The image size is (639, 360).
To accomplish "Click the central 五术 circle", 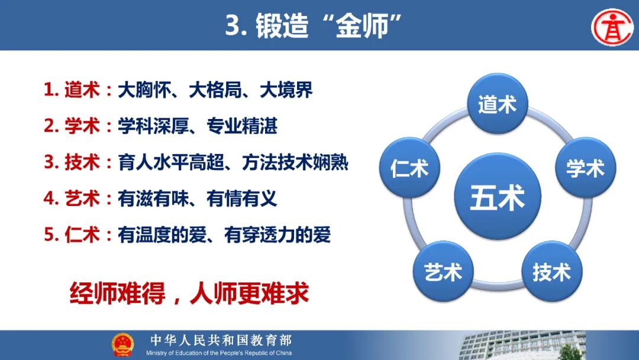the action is [498, 197].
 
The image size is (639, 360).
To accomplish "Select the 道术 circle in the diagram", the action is [498, 104].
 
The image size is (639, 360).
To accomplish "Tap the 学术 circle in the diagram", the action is [586, 168].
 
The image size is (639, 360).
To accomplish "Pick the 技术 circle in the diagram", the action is [552, 272].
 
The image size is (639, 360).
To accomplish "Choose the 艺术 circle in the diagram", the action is [443, 272].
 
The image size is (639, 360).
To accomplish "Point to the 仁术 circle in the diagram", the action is [409, 168].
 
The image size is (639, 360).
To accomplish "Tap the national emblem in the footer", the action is [122, 345].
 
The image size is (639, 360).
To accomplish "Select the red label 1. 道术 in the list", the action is [72, 90].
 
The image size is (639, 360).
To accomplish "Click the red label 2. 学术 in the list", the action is [72, 126].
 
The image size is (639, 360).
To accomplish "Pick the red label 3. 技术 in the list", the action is [72, 162].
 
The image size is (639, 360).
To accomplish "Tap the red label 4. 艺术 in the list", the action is [72, 198].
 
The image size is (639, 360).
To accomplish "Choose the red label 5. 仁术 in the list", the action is [72, 235].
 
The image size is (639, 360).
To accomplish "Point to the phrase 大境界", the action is [286, 90].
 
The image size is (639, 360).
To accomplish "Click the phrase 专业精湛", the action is [242, 126].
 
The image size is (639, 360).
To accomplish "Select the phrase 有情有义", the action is [242, 198].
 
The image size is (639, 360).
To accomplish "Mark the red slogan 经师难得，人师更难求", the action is [189, 293].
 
